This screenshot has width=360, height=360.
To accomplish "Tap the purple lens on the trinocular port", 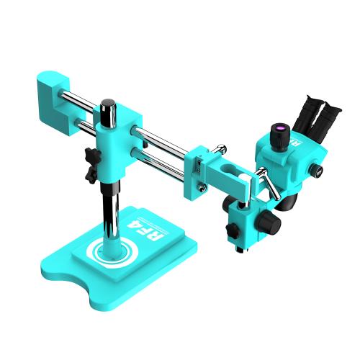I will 276,129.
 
